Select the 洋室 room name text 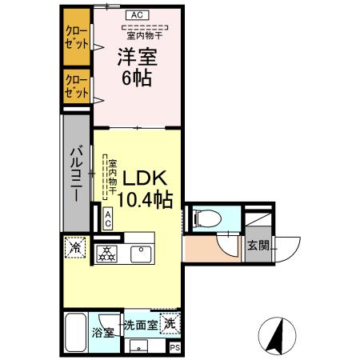click(138, 57)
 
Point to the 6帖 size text click(138, 79)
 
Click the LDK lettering click(144, 178)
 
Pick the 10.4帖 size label click(145, 200)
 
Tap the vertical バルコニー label click(78, 174)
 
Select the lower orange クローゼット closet click(77, 86)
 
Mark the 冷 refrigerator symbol click(73, 249)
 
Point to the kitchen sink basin click(140, 254)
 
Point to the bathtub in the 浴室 click(75, 330)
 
